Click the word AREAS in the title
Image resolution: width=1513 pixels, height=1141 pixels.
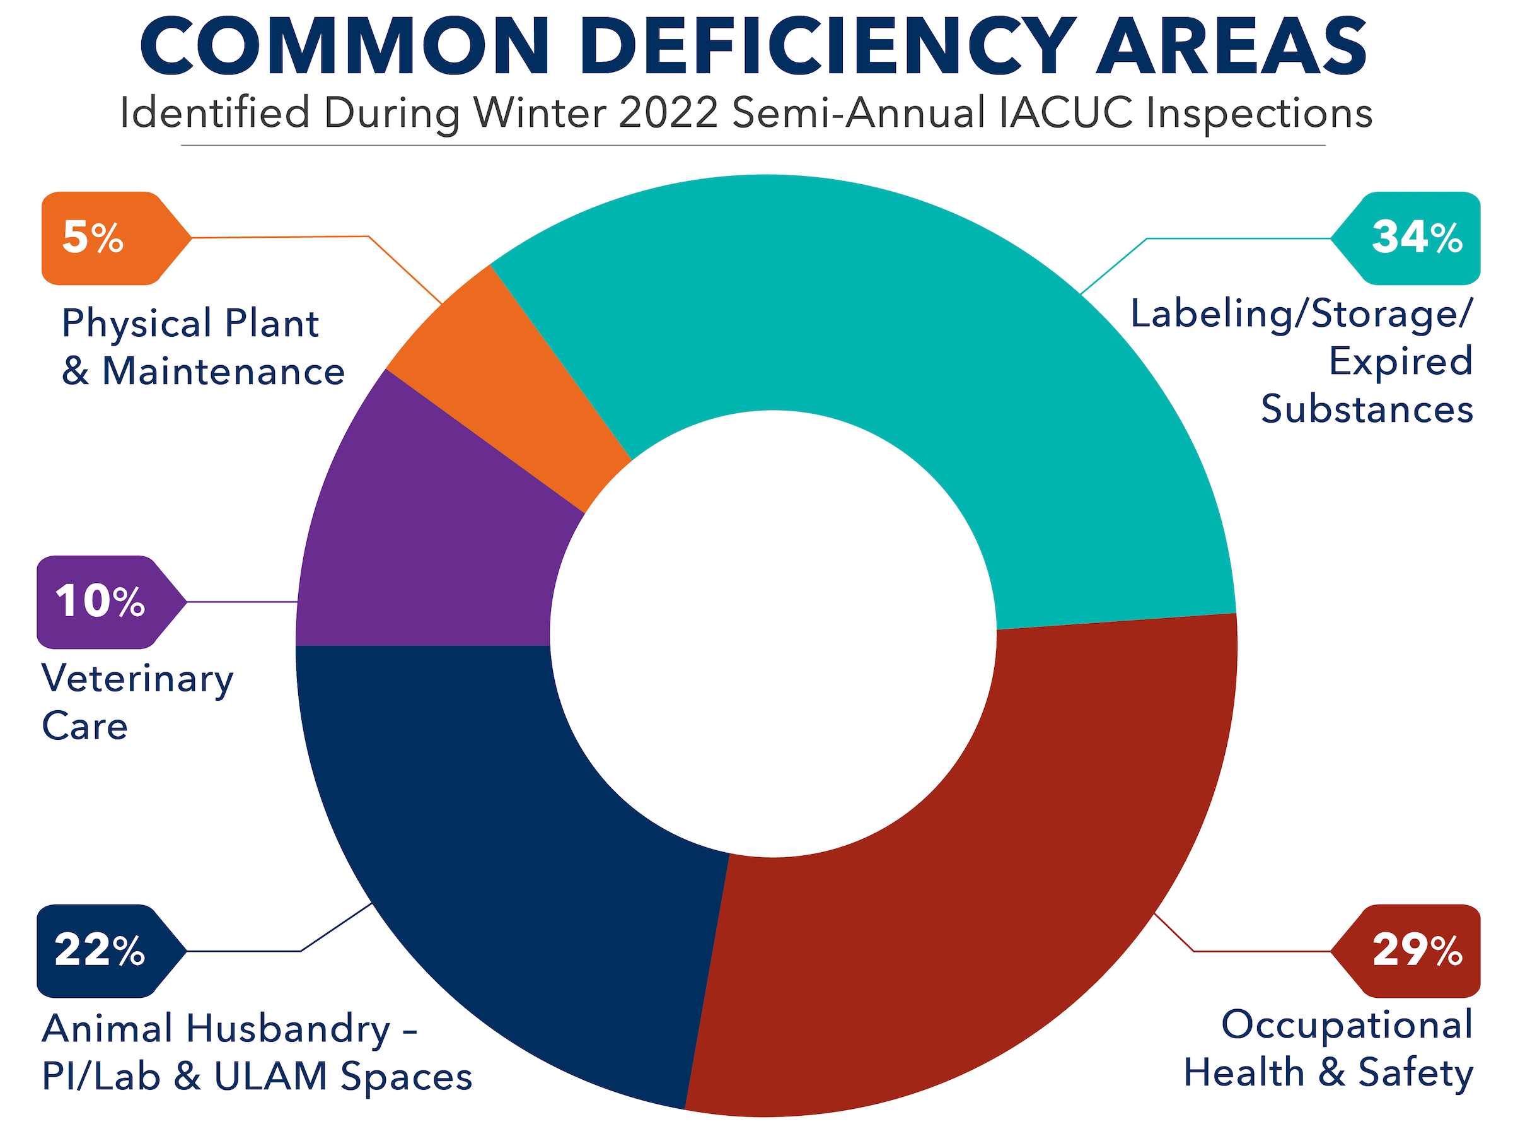1231,47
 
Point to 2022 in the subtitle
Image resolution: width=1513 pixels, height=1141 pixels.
668,112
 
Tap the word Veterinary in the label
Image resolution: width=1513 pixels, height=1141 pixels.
137,679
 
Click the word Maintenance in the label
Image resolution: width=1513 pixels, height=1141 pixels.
223,372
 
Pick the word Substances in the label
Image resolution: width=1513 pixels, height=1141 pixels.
1366,409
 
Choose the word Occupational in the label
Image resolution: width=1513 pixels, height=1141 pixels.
1347,1025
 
